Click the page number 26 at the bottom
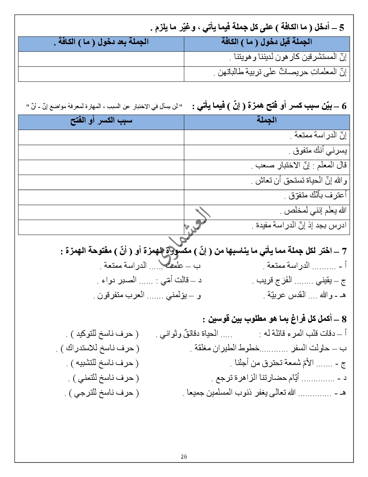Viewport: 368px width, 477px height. (x=184, y=456)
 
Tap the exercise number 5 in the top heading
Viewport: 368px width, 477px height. (x=342, y=27)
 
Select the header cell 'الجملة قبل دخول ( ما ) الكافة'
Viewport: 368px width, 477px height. (x=267, y=42)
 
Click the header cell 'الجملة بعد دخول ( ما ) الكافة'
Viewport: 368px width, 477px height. (x=101, y=42)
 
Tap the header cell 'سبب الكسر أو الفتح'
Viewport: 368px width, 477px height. (x=101, y=121)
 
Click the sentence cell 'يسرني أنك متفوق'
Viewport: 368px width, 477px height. (x=319, y=150)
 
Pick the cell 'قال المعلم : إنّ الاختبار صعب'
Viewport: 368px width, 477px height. (x=299, y=166)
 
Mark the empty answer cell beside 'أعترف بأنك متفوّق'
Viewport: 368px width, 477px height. (x=101, y=196)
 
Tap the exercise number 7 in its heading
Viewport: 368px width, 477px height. (x=344, y=251)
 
